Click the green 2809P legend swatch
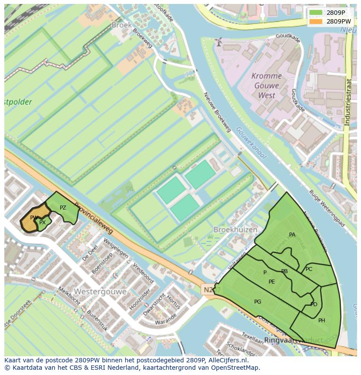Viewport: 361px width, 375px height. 316,13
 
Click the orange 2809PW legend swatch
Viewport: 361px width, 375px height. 316,21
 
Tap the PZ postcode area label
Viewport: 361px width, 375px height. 63,208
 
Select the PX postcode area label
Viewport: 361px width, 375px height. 42,223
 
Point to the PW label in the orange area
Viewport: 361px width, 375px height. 34,218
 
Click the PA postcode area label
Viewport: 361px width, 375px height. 292,235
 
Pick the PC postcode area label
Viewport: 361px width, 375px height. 309,269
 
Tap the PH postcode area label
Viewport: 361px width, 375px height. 322,321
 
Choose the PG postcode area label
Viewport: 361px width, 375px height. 258,302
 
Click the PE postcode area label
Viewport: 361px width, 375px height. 272,282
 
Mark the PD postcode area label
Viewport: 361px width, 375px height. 314,304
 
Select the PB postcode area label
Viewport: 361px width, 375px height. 284,271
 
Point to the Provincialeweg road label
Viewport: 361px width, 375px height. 93,217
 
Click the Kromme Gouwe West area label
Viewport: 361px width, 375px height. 266,85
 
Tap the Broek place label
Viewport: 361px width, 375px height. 122,25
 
